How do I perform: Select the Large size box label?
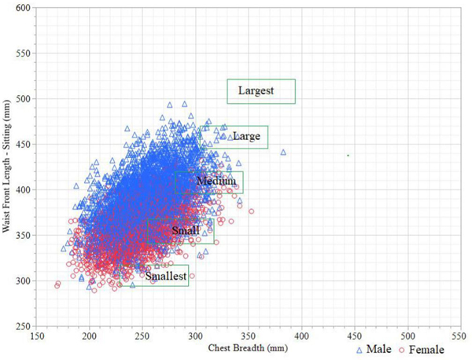(246, 137)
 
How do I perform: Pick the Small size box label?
(185, 231)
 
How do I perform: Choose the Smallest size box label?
(165, 276)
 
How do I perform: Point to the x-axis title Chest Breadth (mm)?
(245, 347)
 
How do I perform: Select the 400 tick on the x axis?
(301, 336)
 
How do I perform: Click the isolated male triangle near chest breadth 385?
(284, 152)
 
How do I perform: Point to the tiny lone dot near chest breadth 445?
(348, 155)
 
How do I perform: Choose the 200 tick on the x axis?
(90, 336)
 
